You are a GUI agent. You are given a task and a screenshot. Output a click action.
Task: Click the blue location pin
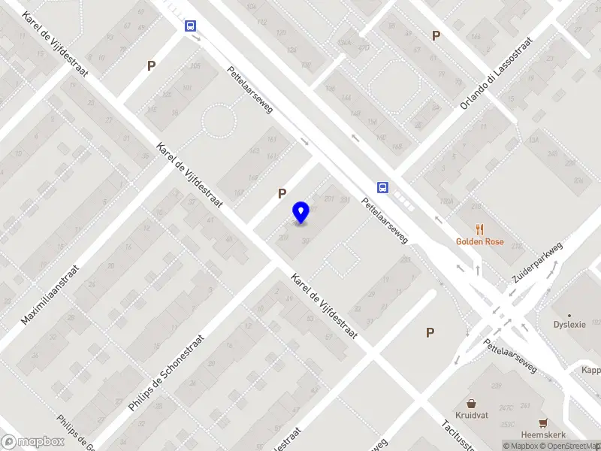click(301, 213)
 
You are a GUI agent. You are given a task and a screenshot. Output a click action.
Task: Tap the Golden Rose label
click(479, 242)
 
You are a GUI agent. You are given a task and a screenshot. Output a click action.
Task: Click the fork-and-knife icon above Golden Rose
click(479, 229)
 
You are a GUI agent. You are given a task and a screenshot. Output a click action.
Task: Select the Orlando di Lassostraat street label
click(497, 72)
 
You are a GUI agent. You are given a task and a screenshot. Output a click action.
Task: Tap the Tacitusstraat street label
click(457, 434)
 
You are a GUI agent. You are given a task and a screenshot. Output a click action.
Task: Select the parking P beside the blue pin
click(282, 194)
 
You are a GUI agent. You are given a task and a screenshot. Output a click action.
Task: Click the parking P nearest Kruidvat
click(430, 332)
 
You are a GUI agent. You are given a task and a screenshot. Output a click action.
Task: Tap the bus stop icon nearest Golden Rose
click(383, 188)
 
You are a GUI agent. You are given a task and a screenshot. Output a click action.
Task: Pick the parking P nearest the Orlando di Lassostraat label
click(435, 35)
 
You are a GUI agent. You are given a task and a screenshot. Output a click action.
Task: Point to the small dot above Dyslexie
click(569, 316)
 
